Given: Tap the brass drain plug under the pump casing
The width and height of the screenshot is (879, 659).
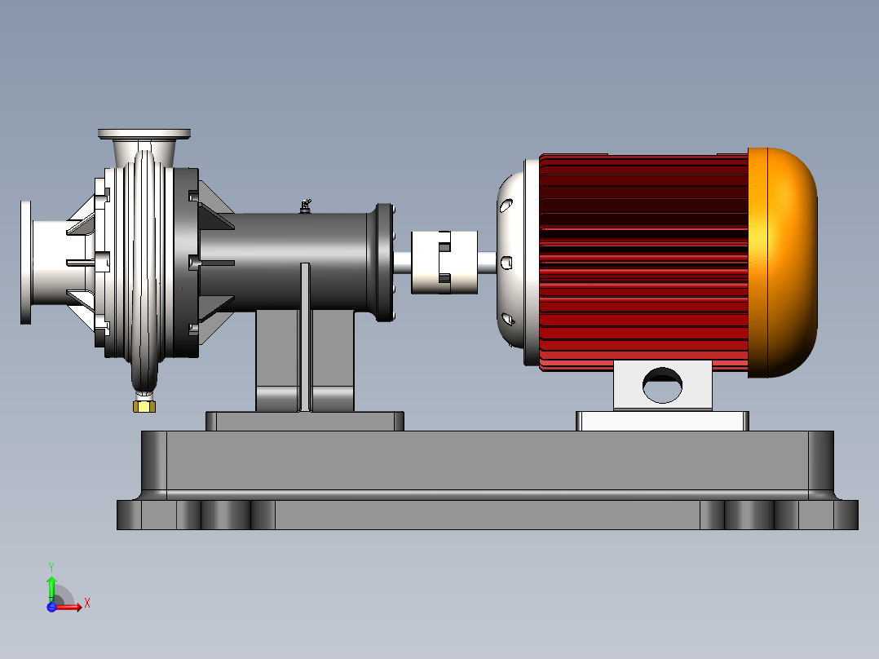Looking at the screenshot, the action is [144, 406].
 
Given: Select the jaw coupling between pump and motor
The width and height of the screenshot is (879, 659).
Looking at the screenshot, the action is [444, 263].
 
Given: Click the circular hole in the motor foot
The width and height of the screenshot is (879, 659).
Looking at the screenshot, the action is [662, 385].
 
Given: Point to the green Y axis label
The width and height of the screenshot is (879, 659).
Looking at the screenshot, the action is [51, 567].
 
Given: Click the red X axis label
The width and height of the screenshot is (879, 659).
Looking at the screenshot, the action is [87, 604].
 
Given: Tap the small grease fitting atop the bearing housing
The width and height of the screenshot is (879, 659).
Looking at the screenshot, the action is [306, 206].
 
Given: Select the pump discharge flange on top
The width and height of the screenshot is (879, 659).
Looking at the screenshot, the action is [144, 134].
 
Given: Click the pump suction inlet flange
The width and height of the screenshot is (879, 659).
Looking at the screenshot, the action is [26, 263].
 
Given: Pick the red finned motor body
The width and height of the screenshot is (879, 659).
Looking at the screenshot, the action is [643, 263].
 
